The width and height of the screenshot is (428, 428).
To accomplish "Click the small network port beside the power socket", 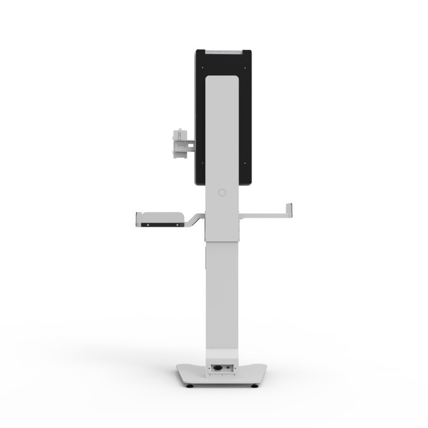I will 228,368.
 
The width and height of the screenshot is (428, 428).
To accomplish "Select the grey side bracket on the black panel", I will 180,142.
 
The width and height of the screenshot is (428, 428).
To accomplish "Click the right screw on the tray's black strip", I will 175,226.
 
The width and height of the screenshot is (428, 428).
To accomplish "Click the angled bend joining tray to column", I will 196,219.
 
